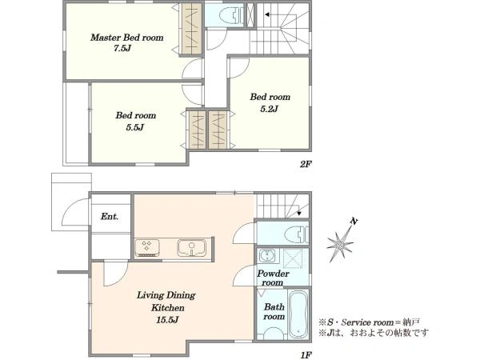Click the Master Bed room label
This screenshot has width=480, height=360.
pos(126,38)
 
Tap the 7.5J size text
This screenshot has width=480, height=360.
pos(122,48)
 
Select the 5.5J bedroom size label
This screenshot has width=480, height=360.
pos(135,127)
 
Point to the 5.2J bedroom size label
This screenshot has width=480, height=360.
pos(269,109)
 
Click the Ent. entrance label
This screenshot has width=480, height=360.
pos(110,217)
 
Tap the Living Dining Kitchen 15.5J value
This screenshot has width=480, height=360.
pos(167,320)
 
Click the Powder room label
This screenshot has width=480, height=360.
pos(273,278)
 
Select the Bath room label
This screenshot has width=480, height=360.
pos(274,311)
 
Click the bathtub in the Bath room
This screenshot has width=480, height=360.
pos(298,314)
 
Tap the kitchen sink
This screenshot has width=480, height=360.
pos(192,248)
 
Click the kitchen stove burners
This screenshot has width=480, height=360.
pos(147,248)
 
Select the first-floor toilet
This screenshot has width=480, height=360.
pos(296,234)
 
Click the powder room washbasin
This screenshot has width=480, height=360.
pos(267,256)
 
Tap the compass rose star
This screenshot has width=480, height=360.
pos(340,245)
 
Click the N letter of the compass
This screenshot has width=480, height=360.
pos(354,221)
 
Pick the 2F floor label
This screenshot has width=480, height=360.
pos(306,164)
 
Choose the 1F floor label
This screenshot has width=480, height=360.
pos(306,355)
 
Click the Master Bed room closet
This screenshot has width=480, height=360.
pos(192,29)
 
